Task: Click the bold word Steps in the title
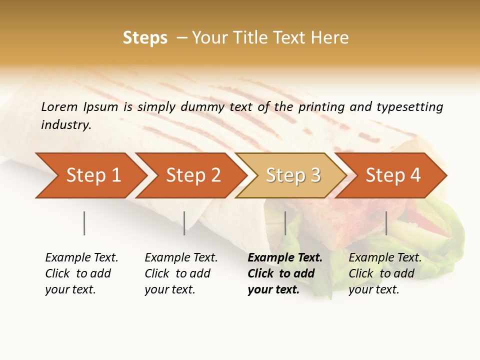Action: [145, 38]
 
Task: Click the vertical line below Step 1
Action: [84, 223]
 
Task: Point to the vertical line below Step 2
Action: [184, 223]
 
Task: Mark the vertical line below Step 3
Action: [285, 223]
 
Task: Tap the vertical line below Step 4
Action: [386, 223]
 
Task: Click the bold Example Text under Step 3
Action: [285, 258]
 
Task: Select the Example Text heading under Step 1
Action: [81, 258]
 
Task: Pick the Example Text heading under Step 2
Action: [181, 258]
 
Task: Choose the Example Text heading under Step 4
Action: [385, 258]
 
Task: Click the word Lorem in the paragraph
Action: [59, 106]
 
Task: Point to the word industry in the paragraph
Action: [66, 124]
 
